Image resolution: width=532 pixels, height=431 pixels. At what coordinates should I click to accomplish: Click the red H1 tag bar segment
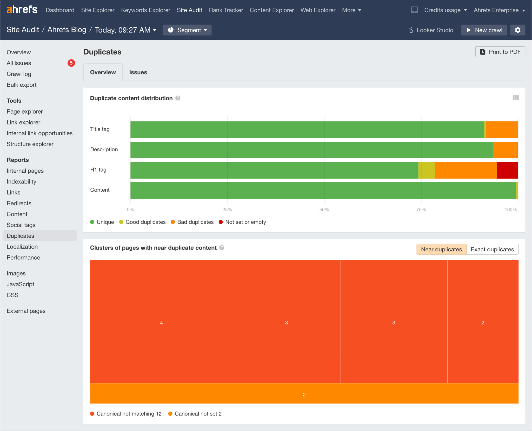pos(507,170)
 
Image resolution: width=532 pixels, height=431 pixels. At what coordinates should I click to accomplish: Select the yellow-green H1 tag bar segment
pos(427,170)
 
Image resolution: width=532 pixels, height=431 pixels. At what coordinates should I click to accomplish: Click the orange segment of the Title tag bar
pos(502,130)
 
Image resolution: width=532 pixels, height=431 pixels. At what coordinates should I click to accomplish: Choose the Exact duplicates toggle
pos(492,249)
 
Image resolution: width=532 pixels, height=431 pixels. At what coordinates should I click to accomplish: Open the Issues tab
pos(138,72)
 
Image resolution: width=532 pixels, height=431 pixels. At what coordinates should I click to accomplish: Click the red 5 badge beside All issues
pos(71,63)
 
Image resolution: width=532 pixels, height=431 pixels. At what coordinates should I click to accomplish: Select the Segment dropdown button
pos(187,30)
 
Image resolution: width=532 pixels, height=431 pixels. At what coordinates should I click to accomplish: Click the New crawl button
pos(484,30)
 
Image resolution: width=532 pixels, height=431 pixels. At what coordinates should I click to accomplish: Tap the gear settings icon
pos(517,30)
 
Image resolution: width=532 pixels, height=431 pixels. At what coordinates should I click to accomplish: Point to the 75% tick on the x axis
pos(421,210)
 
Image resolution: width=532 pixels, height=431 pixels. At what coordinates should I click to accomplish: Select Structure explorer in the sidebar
pos(30,144)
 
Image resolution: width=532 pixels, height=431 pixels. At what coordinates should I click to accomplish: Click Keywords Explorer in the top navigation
pos(145,10)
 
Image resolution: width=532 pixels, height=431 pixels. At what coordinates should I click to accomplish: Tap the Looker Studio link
pos(431,30)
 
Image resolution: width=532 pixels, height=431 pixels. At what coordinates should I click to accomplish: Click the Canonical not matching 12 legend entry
pos(126,414)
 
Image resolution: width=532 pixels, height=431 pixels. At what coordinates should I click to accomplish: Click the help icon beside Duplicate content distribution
pos(178,98)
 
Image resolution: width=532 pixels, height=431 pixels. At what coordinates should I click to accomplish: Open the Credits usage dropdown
pos(445,10)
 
